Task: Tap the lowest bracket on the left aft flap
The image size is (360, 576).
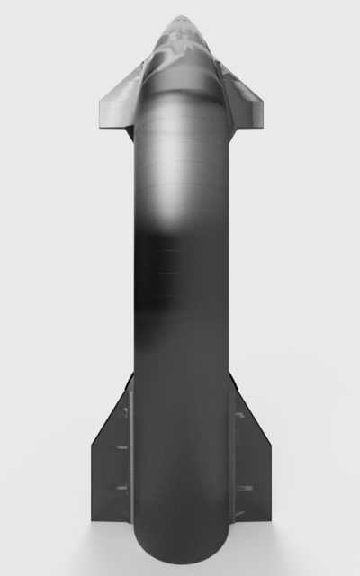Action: (120, 489)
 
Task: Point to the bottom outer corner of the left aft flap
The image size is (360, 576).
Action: (93, 519)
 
